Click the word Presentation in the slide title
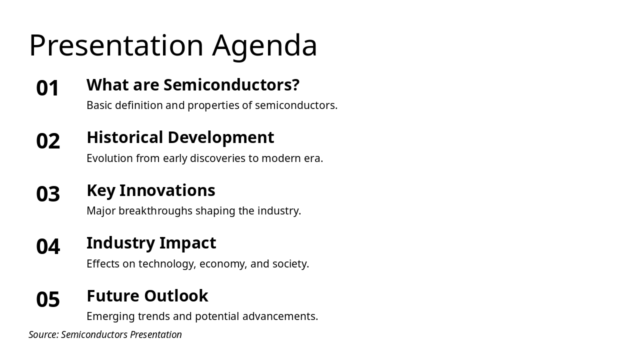[x=116, y=45]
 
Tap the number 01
[x=47, y=88]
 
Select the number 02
[x=48, y=141]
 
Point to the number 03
[x=48, y=193]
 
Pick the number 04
[x=48, y=246]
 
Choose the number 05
[x=48, y=299]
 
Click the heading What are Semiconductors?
[x=193, y=85]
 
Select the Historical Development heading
[x=180, y=137]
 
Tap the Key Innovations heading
[x=151, y=190]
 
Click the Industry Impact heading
[x=151, y=243]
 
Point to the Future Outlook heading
[x=147, y=295]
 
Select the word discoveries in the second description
[x=217, y=158]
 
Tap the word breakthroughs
[x=155, y=211]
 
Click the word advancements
[x=280, y=316]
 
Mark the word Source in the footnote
[x=43, y=334]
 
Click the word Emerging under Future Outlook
[x=110, y=317]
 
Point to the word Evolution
[x=109, y=158]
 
